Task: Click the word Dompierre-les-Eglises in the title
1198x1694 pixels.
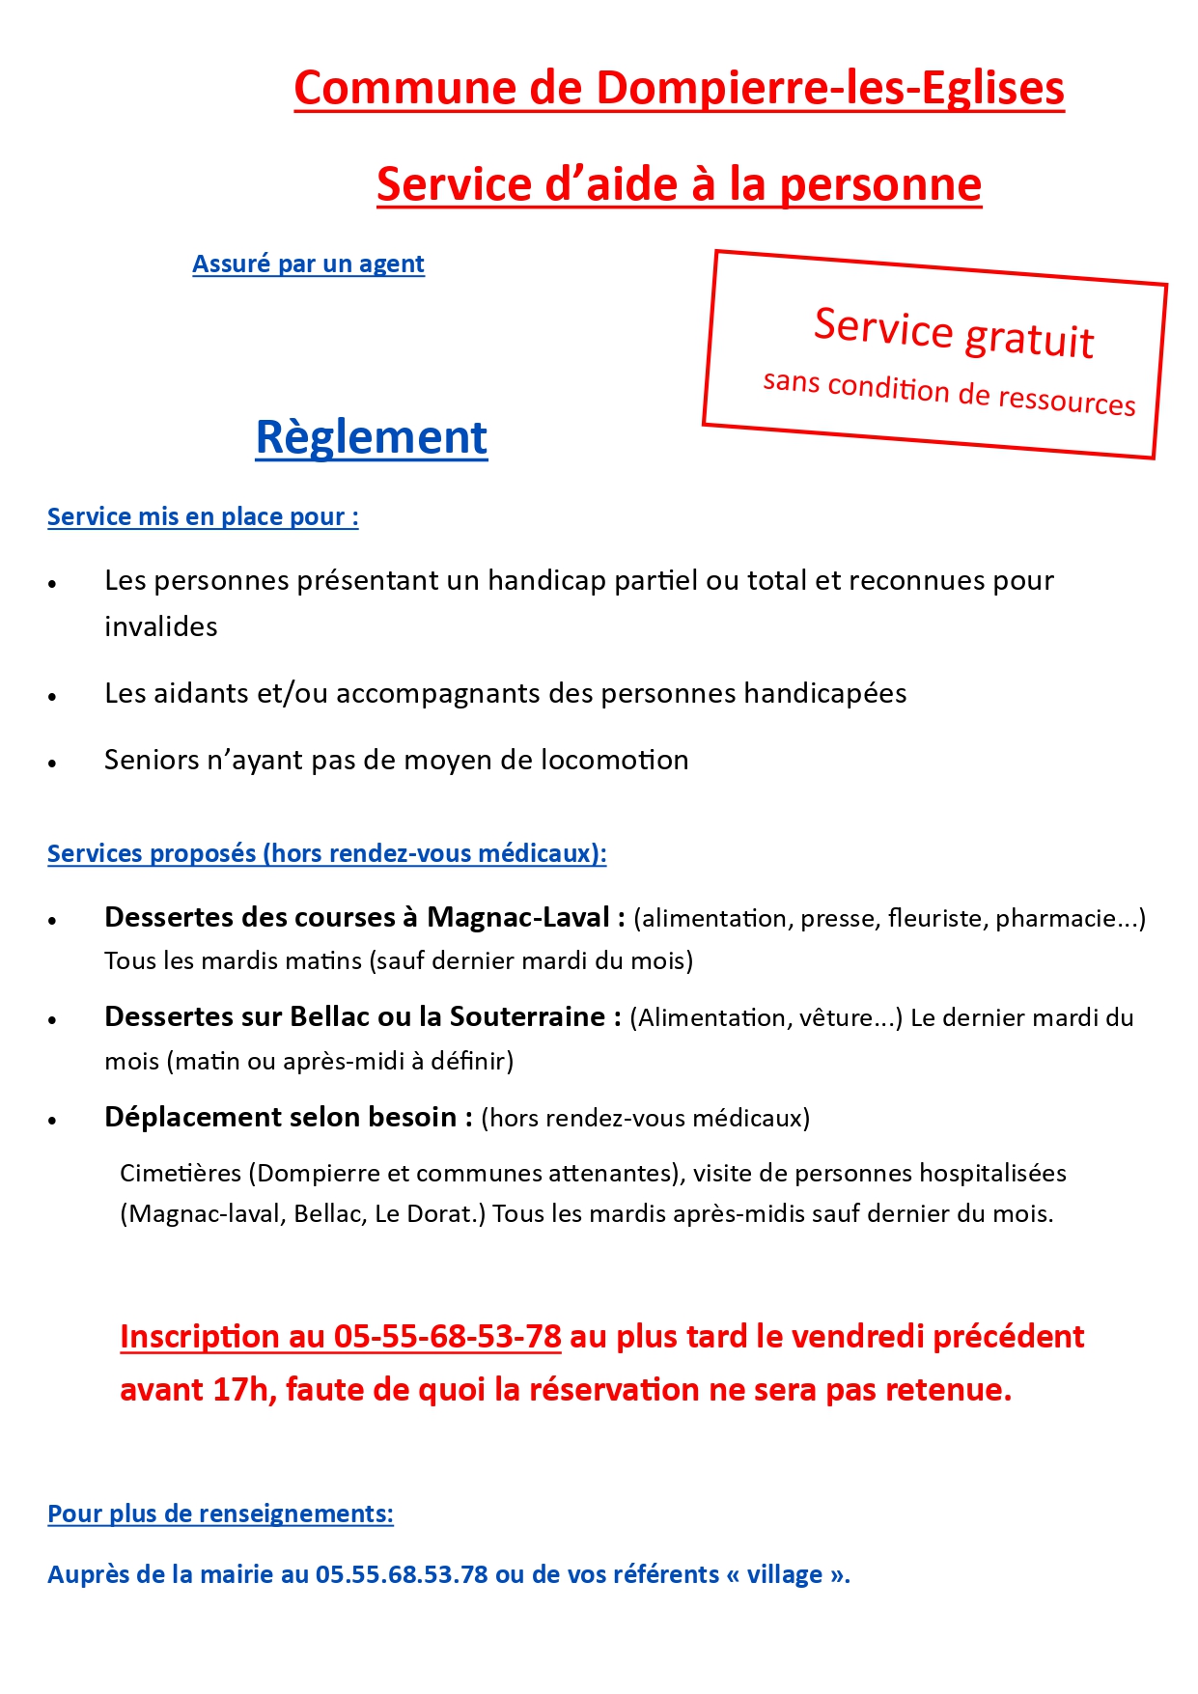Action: tap(830, 88)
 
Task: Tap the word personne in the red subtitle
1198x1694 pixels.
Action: tap(880, 184)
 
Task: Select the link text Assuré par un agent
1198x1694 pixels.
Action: tap(308, 264)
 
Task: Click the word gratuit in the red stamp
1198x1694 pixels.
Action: tap(1029, 339)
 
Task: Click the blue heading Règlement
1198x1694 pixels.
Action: tap(372, 437)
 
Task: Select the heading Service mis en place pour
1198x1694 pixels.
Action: tap(203, 516)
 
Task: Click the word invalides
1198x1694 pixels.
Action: tap(161, 626)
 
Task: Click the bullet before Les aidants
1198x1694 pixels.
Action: tap(53, 696)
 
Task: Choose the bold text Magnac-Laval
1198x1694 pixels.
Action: tap(518, 917)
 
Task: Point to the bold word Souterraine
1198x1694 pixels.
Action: tap(527, 1016)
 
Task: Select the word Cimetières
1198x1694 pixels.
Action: tap(181, 1173)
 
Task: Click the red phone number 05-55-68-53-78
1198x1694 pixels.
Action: tap(447, 1337)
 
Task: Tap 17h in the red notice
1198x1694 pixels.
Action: tap(239, 1390)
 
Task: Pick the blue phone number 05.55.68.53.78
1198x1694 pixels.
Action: tap(402, 1574)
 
